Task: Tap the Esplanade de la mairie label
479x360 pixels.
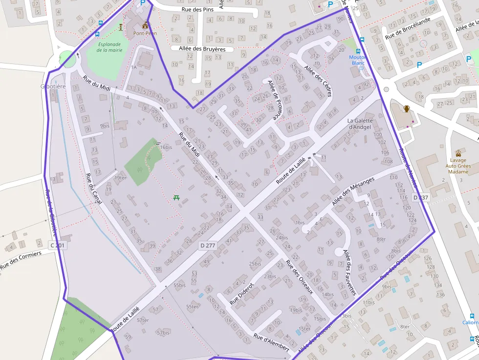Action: point(109,47)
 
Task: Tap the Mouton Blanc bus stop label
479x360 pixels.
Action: point(358,60)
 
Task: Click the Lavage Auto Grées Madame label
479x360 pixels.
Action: point(458,166)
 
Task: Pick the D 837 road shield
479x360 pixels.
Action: point(420,197)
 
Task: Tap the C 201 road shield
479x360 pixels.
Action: point(57,245)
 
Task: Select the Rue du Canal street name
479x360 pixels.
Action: point(92,191)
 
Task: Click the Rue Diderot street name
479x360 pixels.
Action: point(241,294)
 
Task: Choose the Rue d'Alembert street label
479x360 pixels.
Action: point(271,342)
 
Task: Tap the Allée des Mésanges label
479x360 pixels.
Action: point(353,191)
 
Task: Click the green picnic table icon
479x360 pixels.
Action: point(176,197)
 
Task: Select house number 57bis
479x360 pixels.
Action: point(163,332)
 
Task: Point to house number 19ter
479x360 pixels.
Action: point(120,178)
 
